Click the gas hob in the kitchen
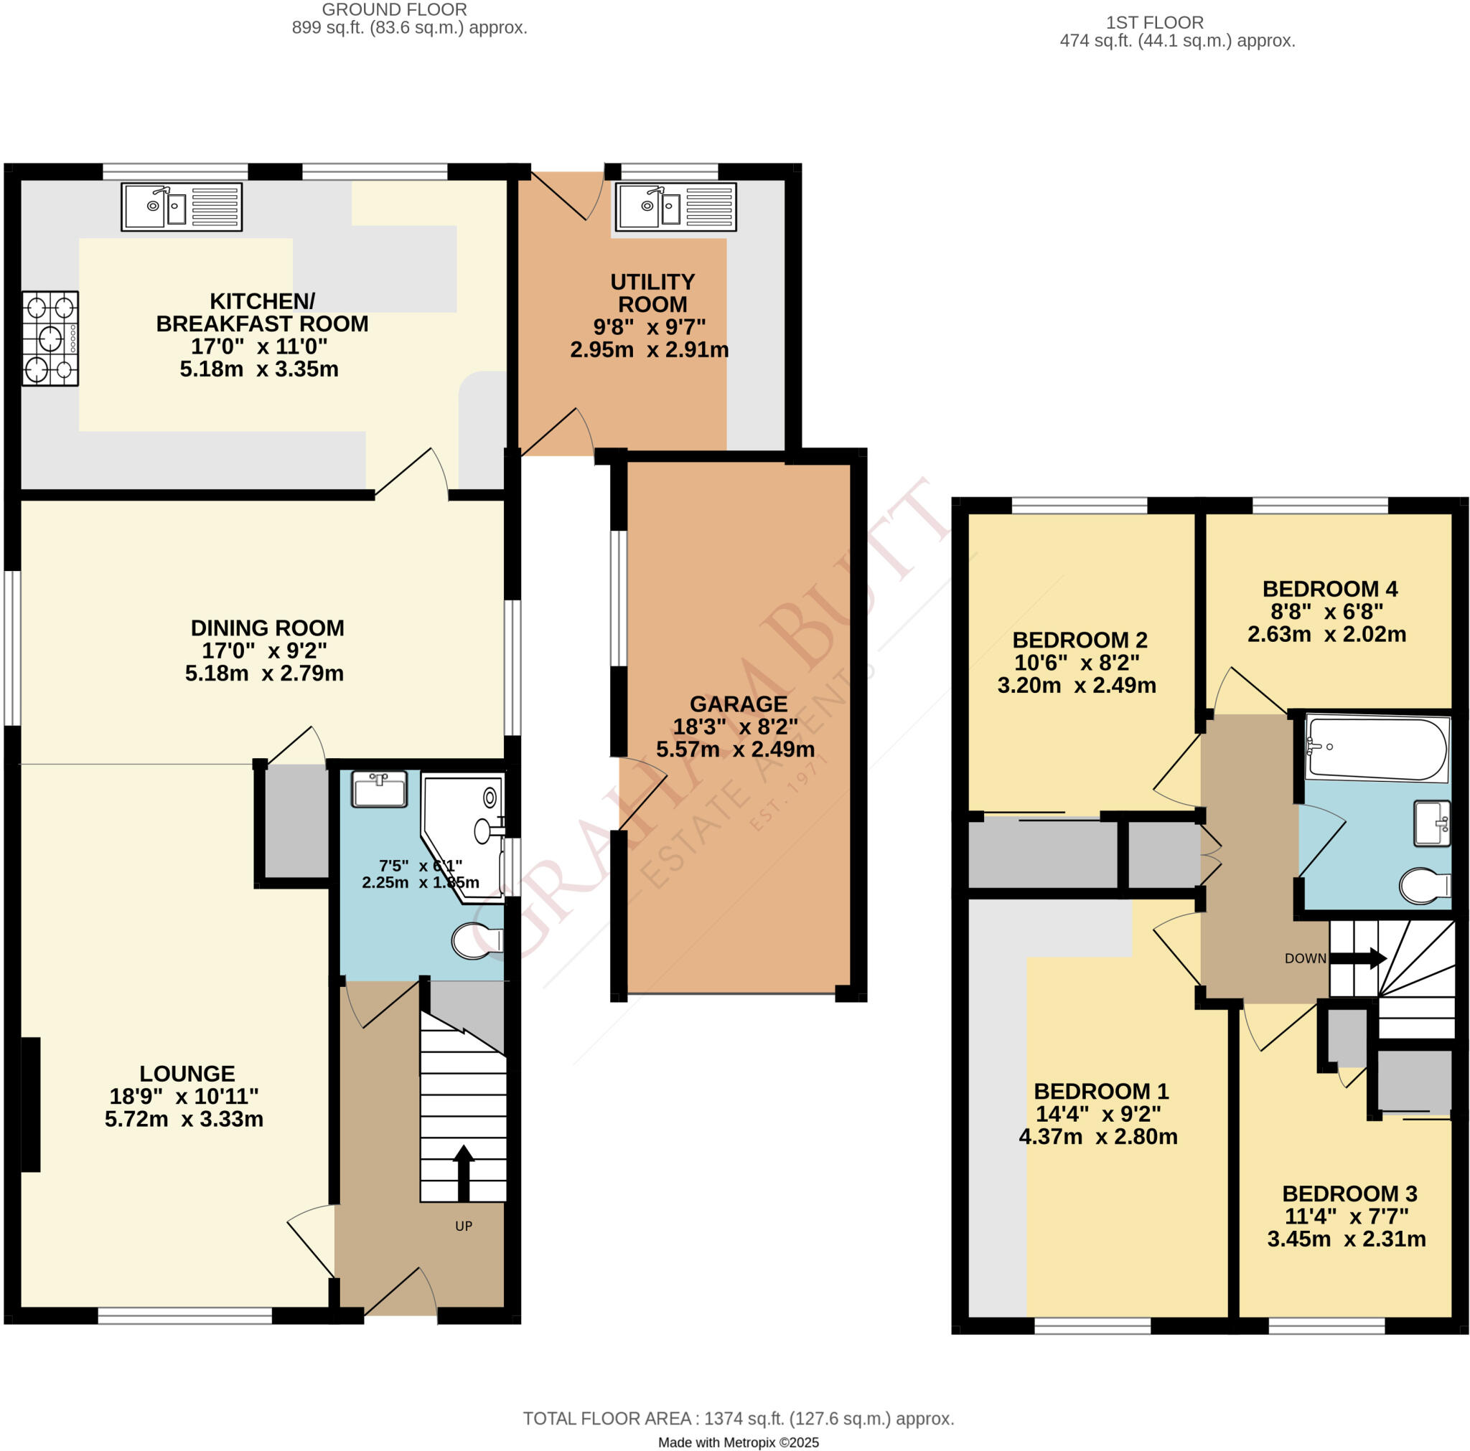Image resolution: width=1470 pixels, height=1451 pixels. tap(50, 338)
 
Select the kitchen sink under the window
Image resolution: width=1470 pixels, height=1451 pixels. tap(181, 206)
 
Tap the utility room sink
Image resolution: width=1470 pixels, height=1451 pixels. tap(675, 206)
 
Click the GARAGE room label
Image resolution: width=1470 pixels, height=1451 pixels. tap(738, 704)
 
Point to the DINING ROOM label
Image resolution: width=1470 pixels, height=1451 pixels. tap(267, 628)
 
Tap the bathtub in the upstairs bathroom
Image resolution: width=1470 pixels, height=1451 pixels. tap(1377, 748)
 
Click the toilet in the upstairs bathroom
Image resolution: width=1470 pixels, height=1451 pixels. tap(1424, 886)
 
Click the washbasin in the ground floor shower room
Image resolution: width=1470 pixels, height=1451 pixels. tap(379, 789)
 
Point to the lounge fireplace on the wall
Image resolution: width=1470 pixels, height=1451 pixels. tap(29, 1105)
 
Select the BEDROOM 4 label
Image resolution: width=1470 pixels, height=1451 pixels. tap(1330, 589)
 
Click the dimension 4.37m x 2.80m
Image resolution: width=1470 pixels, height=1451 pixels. tap(1098, 1136)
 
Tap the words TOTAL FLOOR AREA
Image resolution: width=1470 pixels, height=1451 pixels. tap(607, 1418)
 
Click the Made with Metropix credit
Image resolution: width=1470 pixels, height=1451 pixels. tap(738, 1442)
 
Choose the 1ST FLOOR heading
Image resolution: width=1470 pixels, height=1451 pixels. tap(1154, 23)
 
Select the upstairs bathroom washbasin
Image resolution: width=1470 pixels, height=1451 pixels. tap(1432, 823)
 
